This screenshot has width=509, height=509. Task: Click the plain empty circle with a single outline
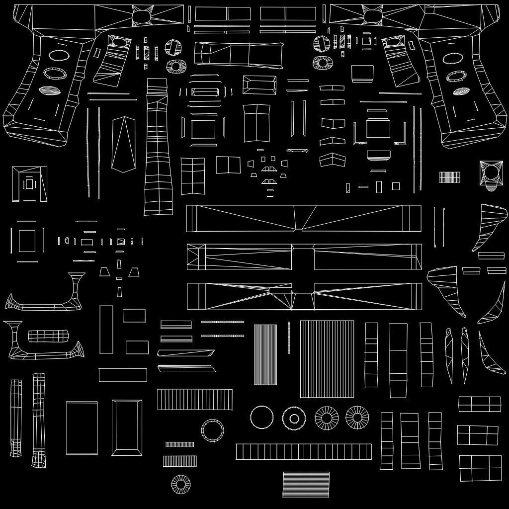click(x=261, y=417)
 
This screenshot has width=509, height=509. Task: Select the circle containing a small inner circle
click(x=294, y=418)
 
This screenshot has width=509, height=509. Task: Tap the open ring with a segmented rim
click(x=213, y=430)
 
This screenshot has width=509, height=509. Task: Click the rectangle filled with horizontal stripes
click(x=306, y=484)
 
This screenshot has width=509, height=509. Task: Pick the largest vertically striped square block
click(x=327, y=359)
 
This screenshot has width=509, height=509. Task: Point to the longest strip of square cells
click(x=303, y=451)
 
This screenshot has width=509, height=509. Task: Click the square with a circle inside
click(x=491, y=173)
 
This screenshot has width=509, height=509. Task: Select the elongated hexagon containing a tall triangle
click(x=123, y=144)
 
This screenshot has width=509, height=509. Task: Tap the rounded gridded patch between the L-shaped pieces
click(x=48, y=336)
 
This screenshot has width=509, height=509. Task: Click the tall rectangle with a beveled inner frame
click(x=127, y=427)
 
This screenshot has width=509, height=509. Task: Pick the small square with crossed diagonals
click(x=121, y=242)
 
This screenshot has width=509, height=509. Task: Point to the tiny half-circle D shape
click(x=491, y=188)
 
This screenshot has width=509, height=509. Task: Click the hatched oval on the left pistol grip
click(x=49, y=90)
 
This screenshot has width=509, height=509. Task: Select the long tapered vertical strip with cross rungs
click(x=158, y=147)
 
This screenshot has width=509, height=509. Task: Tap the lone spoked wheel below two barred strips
click(x=181, y=484)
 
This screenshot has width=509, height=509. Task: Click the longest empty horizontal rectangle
click(x=123, y=375)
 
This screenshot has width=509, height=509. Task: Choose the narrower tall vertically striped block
click(x=265, y=354)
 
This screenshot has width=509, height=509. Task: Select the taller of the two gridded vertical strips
click(x=39, y=420)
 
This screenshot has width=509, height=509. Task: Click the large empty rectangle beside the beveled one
click(x=82, y=427)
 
